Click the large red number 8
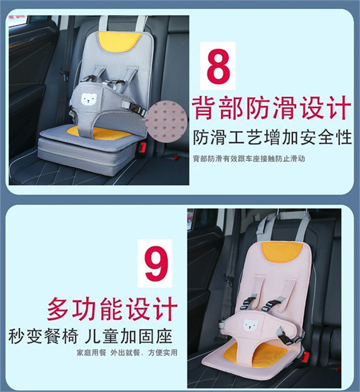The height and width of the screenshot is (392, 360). (218, 66)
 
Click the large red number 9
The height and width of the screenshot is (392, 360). (156, 263)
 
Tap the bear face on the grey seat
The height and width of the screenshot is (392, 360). (89, 99)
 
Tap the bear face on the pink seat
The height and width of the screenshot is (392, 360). (250, 325)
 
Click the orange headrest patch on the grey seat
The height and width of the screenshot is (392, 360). (119, 42)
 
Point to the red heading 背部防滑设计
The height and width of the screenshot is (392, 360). (272, 108)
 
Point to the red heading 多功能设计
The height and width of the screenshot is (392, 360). (112, 309)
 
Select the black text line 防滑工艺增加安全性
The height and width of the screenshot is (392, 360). (272, 137)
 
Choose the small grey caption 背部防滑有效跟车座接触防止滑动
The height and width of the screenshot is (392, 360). (249, 159)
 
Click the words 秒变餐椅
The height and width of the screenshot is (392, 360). (43, 336)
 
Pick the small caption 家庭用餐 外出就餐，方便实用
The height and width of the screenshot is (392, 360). (127, 353)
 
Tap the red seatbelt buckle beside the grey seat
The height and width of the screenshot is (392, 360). (142, 147)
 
